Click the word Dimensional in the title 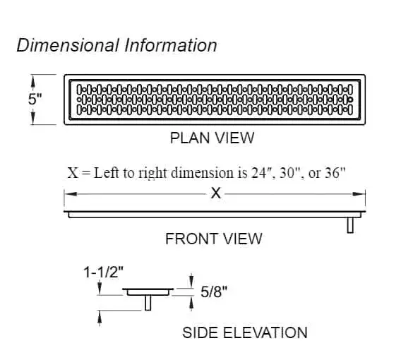(68, 45)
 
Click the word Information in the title (171, 45)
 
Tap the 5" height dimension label (35, 99)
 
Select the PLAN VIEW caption (212, 138)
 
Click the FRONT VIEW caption (213, 239)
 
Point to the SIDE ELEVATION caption (245, 332)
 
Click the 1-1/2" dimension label (104, 272)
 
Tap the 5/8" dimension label (214, 292)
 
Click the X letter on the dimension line (215, 193)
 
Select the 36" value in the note (335, 173)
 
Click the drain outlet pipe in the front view (350, 225)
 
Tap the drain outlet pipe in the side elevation (148, 303)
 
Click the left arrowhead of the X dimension (71, 194)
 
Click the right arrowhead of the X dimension (359, 194)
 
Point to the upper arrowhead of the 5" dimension (32, 82)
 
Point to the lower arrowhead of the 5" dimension (32, 117)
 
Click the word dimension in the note (203, 173)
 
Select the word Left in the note (106, 173)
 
